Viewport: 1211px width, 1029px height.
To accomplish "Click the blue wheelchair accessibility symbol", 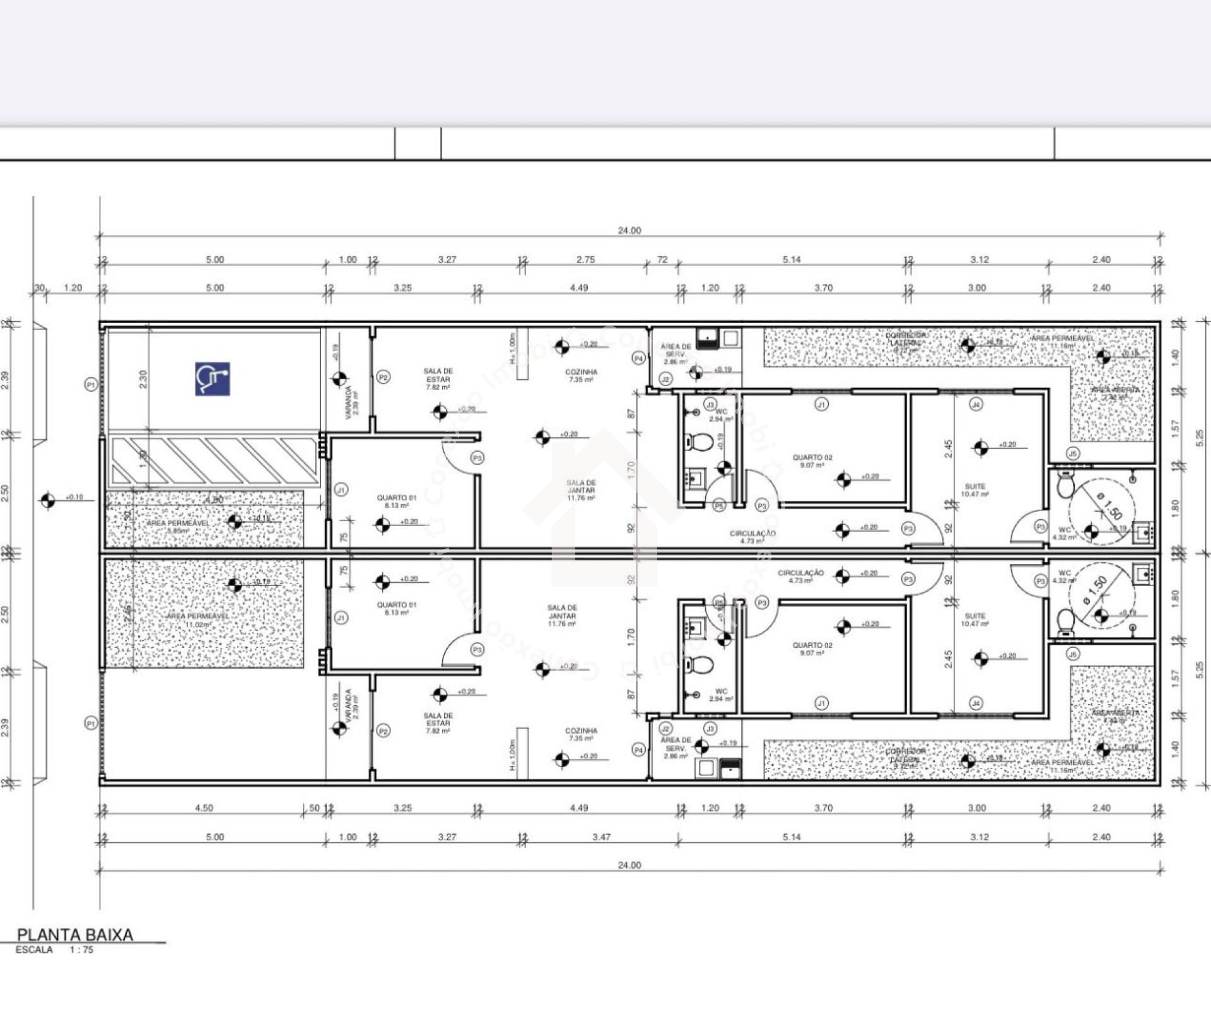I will pyautogui.click(x=212, y=379).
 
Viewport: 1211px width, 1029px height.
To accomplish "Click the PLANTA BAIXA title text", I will pyautogui.click(x=74, y=934).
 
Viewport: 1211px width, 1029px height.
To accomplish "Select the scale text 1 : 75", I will pyautogui.click(x=81, y=950).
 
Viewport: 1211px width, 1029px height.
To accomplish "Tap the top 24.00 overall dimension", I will pyautogui.click(x=629, y=230).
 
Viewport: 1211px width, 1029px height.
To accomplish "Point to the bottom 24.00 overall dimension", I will pyautogui.click(x=629, y=865).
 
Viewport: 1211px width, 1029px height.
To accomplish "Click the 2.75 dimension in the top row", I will pyautogui.click(x=585, y=259).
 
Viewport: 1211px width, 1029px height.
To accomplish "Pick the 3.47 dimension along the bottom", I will pyautogui.click(x=601, y=837).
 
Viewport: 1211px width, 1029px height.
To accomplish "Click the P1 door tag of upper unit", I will pyautogui.click(x=91, y=384).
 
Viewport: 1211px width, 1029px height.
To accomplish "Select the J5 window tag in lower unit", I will pyautogui.click(x=1073, y=654).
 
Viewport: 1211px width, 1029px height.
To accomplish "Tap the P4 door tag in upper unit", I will pyautogui.click(x=638, y=358).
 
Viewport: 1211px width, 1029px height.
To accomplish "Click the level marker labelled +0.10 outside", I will pyautogui.click(x=48, y=501).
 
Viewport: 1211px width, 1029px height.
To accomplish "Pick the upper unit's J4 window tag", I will pyautogui.click(x=976, y=404).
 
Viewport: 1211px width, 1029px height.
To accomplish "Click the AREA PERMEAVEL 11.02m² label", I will pyautogui.click(x=197, y=620).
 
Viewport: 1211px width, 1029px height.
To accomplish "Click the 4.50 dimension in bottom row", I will pyautogui.click(x=204, y=808).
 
